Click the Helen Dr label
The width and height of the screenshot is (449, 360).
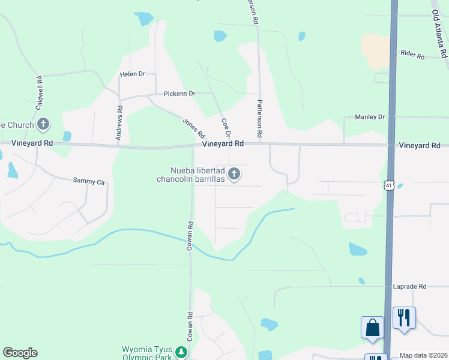(133, 74)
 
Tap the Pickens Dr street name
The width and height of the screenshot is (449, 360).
(180, 94)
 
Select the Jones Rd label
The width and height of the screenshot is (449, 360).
(194, 127)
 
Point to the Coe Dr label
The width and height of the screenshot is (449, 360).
(226, 127)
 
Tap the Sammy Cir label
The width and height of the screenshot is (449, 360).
(89, 180)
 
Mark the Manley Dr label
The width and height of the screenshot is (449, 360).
(369, 117)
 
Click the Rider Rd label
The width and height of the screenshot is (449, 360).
(412, 56)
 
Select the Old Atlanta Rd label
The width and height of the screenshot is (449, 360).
(441, 36)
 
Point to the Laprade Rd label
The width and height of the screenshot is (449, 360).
(409, 287)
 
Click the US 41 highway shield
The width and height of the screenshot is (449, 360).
(390, 187)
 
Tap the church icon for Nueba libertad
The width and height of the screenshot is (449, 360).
(234, 174)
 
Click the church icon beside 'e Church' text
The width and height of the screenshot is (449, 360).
(43, 124)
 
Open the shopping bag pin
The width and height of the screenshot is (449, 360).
(372, 328)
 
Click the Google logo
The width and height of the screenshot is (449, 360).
(20, 353)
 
